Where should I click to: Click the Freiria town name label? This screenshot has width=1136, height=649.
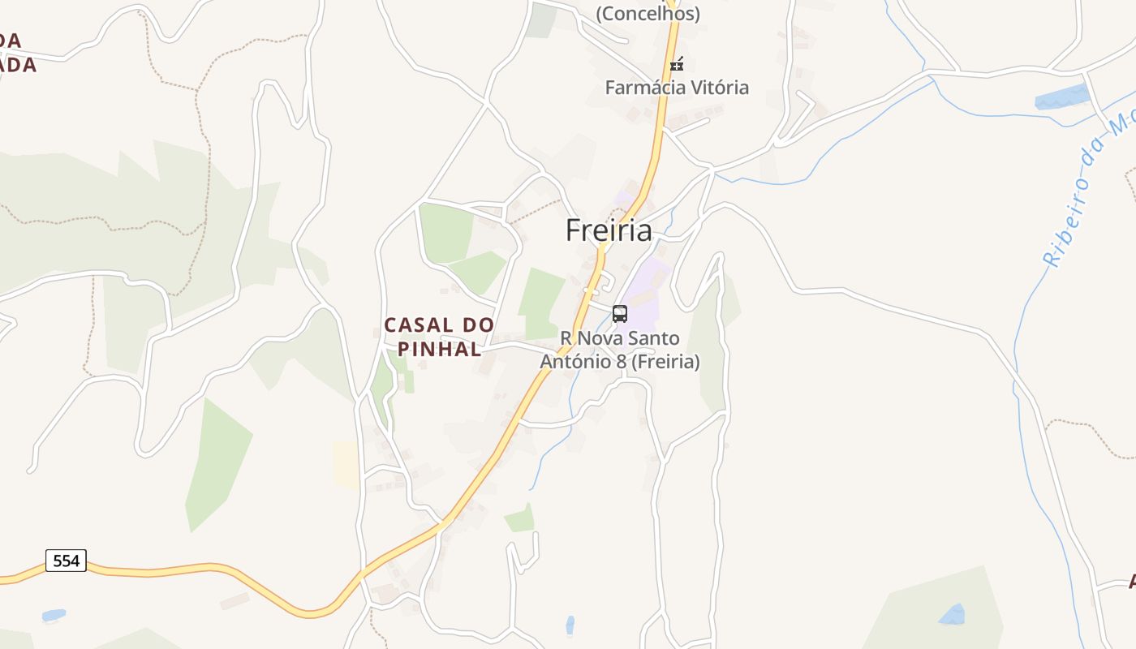609,230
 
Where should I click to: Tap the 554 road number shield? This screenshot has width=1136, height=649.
66,561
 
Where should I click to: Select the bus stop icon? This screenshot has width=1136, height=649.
620,314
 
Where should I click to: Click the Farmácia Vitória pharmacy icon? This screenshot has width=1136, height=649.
677,64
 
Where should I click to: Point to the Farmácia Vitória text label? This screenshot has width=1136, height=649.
677,88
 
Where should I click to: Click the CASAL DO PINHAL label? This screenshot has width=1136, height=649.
439,337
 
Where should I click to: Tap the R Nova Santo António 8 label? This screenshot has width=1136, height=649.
620,350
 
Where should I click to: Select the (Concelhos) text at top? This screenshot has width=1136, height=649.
648,13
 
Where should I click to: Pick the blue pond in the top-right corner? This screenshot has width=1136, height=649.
1061,97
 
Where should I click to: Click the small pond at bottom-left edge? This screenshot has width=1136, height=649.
54,615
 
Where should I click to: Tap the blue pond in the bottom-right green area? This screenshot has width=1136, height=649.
953,614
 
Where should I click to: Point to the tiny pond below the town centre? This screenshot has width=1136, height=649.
570,625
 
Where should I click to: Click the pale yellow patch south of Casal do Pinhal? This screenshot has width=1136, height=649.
346,464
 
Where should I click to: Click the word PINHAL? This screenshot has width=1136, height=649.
444,350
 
